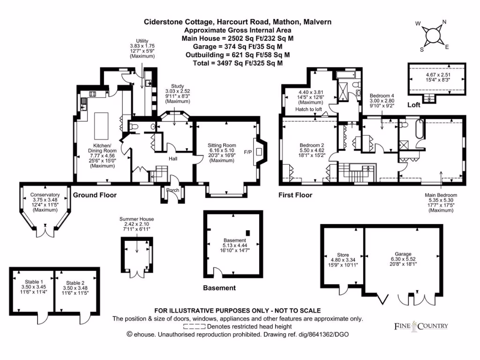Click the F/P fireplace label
(x=247, y=152)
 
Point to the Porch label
(x=172, y=190)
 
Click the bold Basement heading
(x=219, y=288)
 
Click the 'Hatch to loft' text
(x=308, y=109)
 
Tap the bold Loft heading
(x=413, y=105)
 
